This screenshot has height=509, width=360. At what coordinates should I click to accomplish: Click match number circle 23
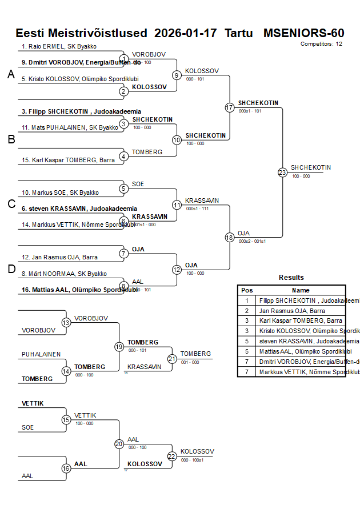point(282,172)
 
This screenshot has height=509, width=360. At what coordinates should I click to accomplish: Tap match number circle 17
point(230,107)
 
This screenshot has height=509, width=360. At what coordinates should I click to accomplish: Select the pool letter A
point(11,74)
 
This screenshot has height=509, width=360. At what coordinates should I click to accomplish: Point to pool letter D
point(11,269)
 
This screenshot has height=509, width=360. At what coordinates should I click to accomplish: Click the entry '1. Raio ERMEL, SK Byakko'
point(59,46)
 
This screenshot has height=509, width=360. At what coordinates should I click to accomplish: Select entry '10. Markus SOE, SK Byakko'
point(60,193)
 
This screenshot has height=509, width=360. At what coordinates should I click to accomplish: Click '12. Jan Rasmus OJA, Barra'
point(59,257)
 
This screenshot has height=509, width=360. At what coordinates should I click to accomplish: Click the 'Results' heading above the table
point(291,278)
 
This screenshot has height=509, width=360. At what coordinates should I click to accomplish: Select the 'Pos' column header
point(247,290)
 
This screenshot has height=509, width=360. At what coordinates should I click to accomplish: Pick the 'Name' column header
point(301,290)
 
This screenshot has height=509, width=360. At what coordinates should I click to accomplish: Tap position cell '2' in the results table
point(247,311)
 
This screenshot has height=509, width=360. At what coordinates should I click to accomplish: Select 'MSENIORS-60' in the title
point(303,33)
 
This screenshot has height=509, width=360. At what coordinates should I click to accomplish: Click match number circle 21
point(172,359)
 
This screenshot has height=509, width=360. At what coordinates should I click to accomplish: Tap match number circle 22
point(172,456)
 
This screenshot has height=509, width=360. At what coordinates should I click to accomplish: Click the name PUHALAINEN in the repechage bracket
point(41,354)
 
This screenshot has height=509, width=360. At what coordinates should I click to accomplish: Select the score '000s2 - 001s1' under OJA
point(252,241)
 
